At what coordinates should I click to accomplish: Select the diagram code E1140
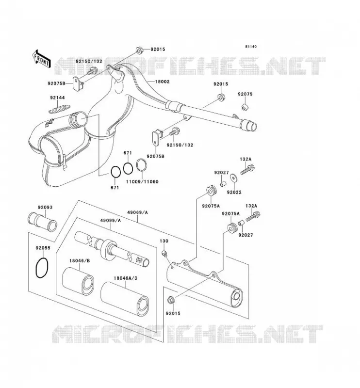pos(251,47)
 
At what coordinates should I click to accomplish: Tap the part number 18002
pos(163,81)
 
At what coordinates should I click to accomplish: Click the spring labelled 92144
pos(59,109)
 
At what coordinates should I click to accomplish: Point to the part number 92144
pos(57,97)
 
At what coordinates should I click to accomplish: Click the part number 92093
pos(45,207)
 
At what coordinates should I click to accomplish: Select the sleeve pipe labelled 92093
pos(42,221)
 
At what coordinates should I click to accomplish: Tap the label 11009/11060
pos(142,181)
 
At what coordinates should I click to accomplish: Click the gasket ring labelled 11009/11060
pos(142,165)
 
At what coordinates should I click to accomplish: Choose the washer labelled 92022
pos(233,178)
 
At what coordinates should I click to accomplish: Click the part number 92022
pos(234,192)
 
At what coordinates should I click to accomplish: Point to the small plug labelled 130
pos(164,253)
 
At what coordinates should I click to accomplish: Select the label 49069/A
pos(137,212)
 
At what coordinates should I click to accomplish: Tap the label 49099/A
pos(111,220)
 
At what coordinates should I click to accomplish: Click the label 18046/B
pos(80,260)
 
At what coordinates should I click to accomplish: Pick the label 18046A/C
pos(126,278)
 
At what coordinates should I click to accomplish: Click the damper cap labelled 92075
pos(245,107)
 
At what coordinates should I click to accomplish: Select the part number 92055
pos(43,248)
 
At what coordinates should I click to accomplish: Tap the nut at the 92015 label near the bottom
pos(171,300)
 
